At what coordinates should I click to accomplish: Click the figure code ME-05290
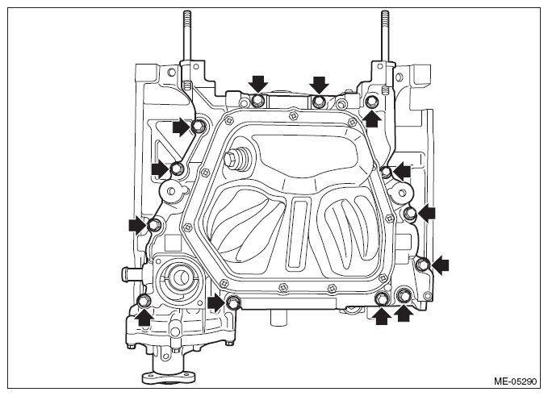pyautogui.click(x=515, y=381)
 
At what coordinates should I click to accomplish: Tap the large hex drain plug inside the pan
pyautogui.click(x=233, y=159)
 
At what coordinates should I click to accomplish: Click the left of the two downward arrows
pyautogui.click(x=258, y=84)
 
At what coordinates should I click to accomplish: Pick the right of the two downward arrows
pyautogui.click(x=319, y=85)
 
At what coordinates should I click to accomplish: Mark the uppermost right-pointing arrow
pyautogui.click(x=182, y=127)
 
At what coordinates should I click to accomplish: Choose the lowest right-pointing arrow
pyautogui.click(x=216, y=302)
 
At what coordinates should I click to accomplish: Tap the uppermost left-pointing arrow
pyautogui.click(x=401, y=171)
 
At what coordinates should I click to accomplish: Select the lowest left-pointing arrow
pyautogui.click(x=440, y=265)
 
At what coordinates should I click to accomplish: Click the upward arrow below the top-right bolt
pyautogui.click(x=372, y=118)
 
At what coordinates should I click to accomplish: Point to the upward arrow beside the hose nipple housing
pyautogui.click(x=144, y=317)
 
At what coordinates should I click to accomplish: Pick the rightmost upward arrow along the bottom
pyautogui.click(x=404, y=313)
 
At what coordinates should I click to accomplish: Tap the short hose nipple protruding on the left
pyautogui.click(x=132, y=273)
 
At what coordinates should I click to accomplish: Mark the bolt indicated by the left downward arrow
pyautogui.click(x=257, y=101)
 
